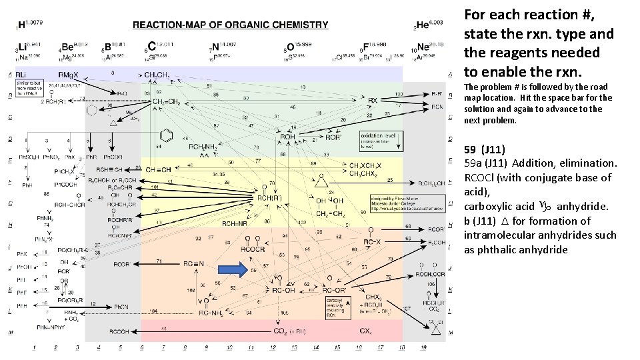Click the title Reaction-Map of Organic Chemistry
click(230, 25)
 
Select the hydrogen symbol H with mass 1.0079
click(22, 25)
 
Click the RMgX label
click(69, 74)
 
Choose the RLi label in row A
click(22, 74)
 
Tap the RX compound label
click(373, 101)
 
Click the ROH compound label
click(287, 137)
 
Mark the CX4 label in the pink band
click(365, 331)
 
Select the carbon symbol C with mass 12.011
click(153, 47)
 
